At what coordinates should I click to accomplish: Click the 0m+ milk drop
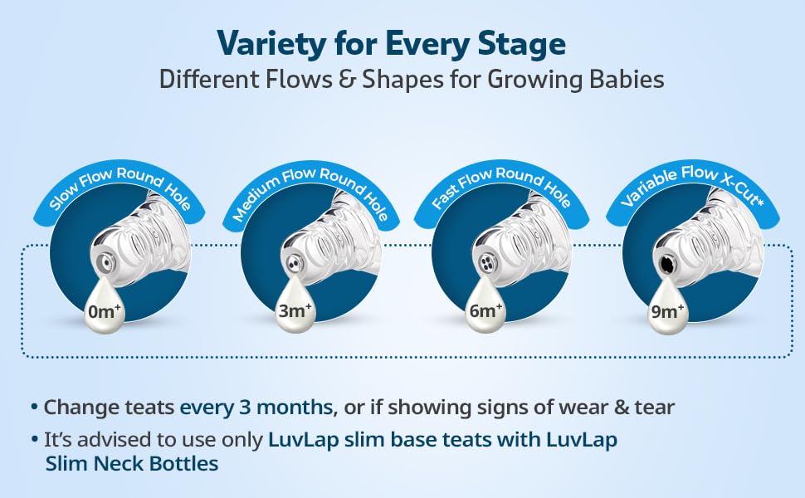pyautogui.click(x=105, y=306)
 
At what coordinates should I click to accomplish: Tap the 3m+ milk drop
pyautogui.click(x=295, y=306)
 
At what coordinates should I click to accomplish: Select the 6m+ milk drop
pyautogui.click(x=485, y=306)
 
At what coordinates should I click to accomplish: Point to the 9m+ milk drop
pyautogui.click(x=666, y=306)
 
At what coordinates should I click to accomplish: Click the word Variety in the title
pyautogui.click(x=271, y=44)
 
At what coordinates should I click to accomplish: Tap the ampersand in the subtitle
pyautogui.click(x=347, y=80)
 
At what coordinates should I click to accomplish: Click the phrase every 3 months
pyautogui.click(x=256, y=408)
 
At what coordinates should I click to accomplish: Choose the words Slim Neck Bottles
pyautogui.click(x=132, y=464)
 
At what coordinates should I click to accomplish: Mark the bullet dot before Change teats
pyautogui.click(x=34, y=408)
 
